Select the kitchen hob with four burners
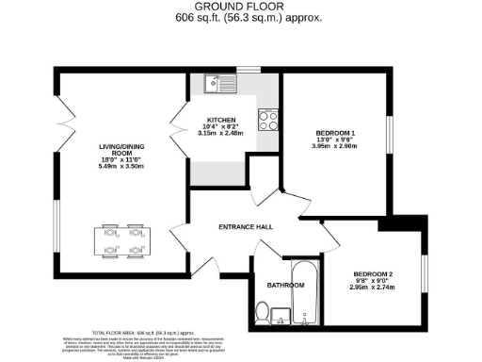click(267, 121)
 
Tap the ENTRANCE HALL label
click(246, 227)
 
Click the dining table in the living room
click(122, 240)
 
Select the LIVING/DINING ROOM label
click(120, 152)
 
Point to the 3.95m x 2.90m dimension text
click(335, 145)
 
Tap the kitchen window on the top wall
click(249, 69)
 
